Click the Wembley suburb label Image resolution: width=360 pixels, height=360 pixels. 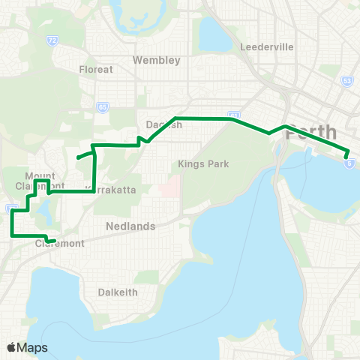(x=156, y=59)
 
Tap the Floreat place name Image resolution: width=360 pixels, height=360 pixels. (x=96, y=69)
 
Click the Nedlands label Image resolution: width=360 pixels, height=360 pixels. (x=130, y=226)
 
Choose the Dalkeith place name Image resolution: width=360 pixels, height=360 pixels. (x=118, y=292)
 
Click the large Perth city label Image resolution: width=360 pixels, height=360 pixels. (x=312, y=132)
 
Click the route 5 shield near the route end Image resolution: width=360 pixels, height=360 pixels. (x=350, y=163)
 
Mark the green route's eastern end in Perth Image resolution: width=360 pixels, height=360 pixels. (x=347, y=154)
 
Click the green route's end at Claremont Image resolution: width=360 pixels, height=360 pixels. (x=55, y=241)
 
